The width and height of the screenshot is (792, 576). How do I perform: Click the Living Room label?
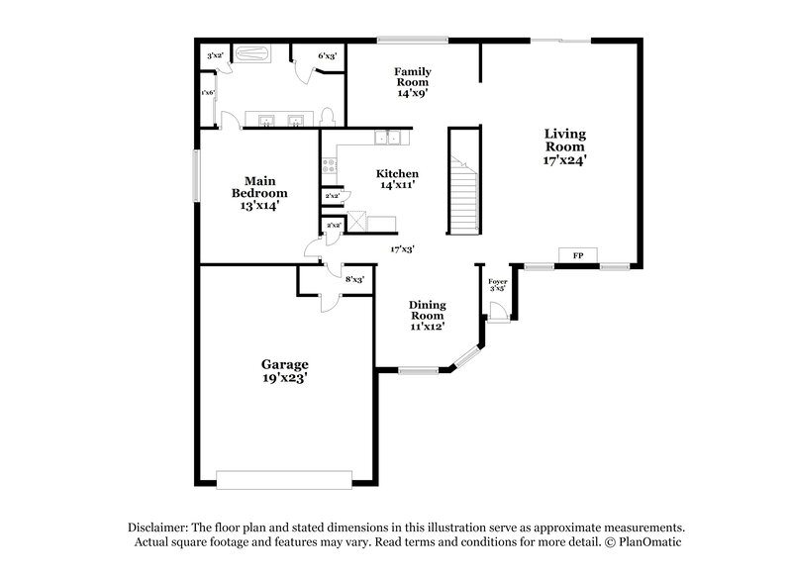(x=564, y=145)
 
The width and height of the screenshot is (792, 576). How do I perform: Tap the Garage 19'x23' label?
(x=285, y=370)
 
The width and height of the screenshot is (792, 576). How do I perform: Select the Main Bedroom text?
(x=259, y=193)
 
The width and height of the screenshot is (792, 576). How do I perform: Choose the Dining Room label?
(x=428, y=315)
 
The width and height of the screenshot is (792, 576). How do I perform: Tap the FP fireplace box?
(x=578, y=255)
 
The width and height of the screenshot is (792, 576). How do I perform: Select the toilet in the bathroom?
(x=329, y=117)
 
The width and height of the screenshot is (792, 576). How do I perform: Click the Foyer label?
(x=498, y=285)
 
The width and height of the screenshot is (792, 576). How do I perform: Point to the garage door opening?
(x=285, y=479)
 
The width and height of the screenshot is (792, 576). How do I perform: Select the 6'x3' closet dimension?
(x=328, y=56)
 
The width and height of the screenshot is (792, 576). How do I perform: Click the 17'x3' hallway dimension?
(x=401, y=249)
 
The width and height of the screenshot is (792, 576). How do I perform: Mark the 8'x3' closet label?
(x=354, y=280)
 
